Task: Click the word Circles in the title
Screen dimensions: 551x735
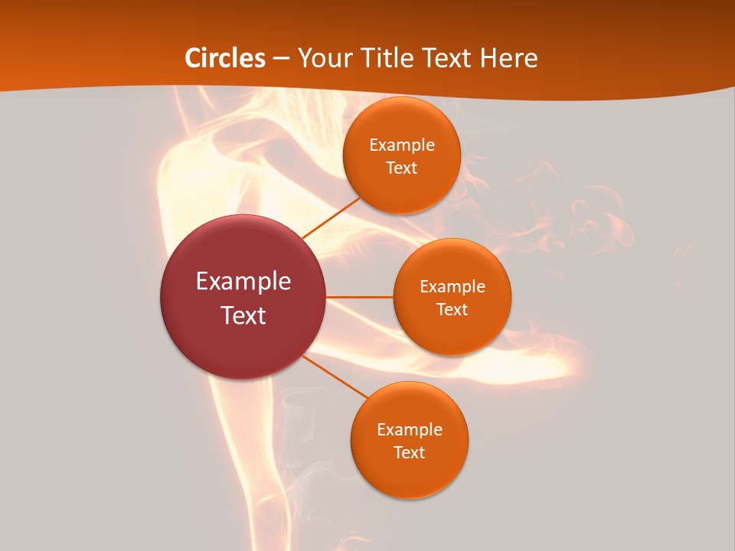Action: (225, 58)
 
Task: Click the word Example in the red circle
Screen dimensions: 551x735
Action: (243, 282)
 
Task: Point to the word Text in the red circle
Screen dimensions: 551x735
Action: (243, 315)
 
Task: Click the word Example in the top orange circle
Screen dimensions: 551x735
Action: (402, 145)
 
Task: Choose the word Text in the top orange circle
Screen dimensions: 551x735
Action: (402, 168)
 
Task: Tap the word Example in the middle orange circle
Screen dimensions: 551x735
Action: (452, 287)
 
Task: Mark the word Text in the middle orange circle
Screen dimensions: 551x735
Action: (452, 310)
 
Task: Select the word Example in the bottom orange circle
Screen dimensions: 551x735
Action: (410, 430)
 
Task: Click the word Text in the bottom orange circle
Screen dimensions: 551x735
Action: (410, 453)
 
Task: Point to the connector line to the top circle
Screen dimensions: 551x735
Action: (332, 217)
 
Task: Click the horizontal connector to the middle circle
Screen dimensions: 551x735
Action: (359, 297)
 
